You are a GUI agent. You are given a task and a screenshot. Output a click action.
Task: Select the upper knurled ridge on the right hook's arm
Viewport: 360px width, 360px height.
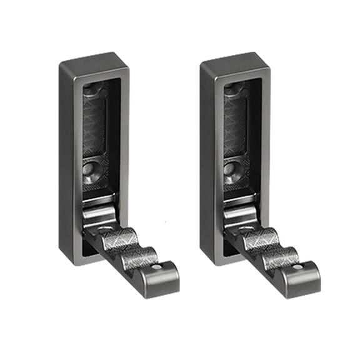pyautogui.click(x=264, y=238)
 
